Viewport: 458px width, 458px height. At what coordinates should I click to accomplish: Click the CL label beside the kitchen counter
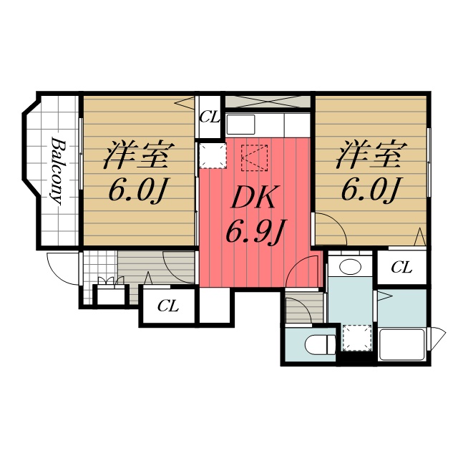click(210, 117)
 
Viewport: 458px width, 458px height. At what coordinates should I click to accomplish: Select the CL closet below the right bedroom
click(401, 268)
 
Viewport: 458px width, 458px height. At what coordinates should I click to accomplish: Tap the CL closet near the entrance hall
click(168, 306)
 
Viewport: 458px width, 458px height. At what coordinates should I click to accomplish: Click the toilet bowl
click(319, 345)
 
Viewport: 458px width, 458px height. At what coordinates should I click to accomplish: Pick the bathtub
click(401, 344)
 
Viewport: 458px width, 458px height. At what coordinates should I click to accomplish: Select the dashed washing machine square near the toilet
click(356, 337)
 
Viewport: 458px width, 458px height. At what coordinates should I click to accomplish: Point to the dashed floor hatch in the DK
click(254, 157)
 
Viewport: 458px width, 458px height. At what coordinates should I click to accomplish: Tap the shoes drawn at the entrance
click(109, 283)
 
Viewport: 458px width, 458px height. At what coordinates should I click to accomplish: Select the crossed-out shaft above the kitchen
click(268, 101)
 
